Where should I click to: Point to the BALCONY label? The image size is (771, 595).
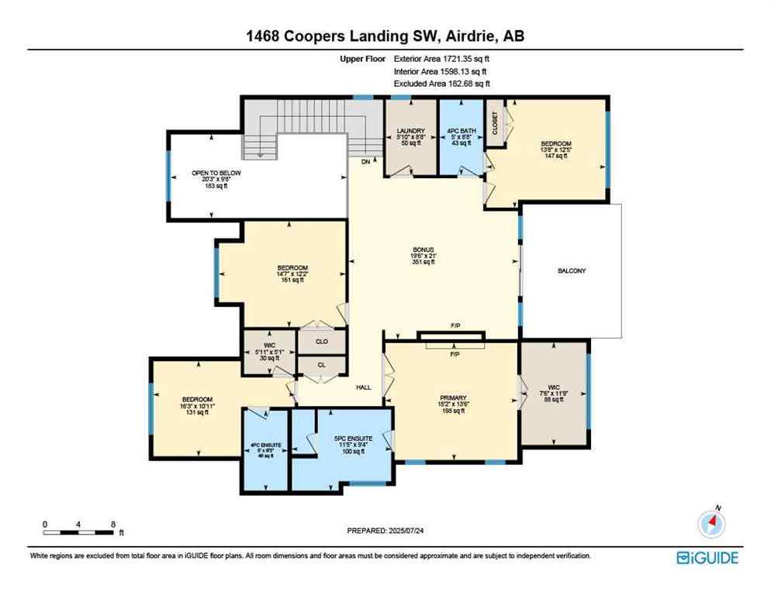point(572,270)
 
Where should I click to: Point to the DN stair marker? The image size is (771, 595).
point(365,161)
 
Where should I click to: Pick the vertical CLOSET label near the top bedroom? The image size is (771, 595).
point(495,123)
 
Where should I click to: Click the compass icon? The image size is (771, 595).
point(710,524)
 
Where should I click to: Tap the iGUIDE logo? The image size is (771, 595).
point(707,557)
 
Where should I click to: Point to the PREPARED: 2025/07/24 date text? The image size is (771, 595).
point(385,531)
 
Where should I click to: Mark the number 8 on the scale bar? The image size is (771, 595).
point(114,524)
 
